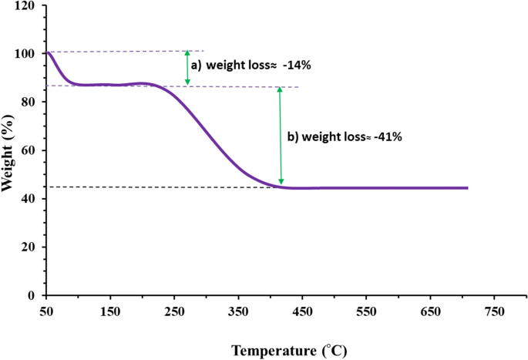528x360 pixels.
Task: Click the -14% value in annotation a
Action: tap(297, 66)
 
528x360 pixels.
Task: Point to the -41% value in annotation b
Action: tap(385, 136)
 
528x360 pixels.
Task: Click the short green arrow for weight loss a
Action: tap(187, 68)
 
